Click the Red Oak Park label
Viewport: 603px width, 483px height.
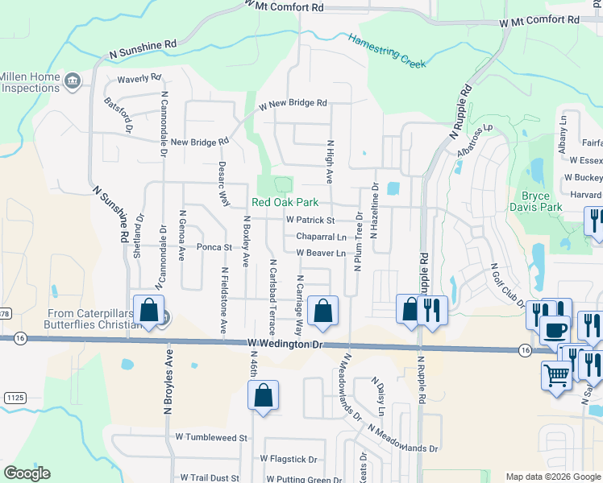tap(285, 203)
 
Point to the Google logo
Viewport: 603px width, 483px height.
tap(27, 473)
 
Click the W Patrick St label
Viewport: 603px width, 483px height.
tap(310, 220)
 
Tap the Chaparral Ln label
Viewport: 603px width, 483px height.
tap(320, 237)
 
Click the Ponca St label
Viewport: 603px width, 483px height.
tap(214, 247)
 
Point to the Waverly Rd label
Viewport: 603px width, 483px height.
tap(139, 78)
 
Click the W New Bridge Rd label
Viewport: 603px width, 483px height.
tap(293, 104)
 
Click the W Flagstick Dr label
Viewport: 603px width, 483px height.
tap(292, 458)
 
